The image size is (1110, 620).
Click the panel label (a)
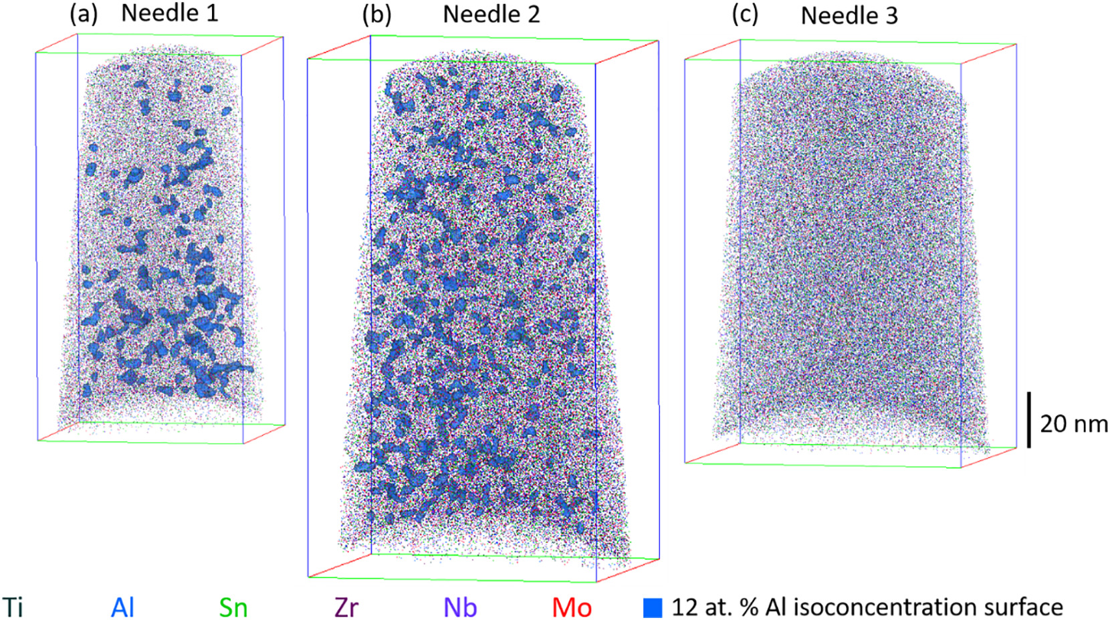84,14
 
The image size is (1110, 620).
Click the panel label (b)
376,15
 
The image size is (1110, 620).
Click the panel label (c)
745,15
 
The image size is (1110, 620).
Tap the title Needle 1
169,13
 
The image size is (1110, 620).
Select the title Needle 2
491,14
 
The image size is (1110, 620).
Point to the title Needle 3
849,15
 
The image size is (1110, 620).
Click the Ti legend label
13,607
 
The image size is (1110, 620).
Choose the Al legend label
122,607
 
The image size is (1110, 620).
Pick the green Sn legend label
233,607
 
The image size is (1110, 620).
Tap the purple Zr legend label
346,607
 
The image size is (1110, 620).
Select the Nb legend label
460,607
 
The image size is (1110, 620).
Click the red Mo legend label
572,607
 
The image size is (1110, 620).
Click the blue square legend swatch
653,607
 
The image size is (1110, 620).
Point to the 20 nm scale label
1073,423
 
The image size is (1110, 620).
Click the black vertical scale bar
1028,420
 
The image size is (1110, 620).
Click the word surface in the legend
1023,607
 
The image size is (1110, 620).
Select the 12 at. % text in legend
715,607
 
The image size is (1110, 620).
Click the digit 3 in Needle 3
891,15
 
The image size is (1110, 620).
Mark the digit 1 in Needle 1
212,13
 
